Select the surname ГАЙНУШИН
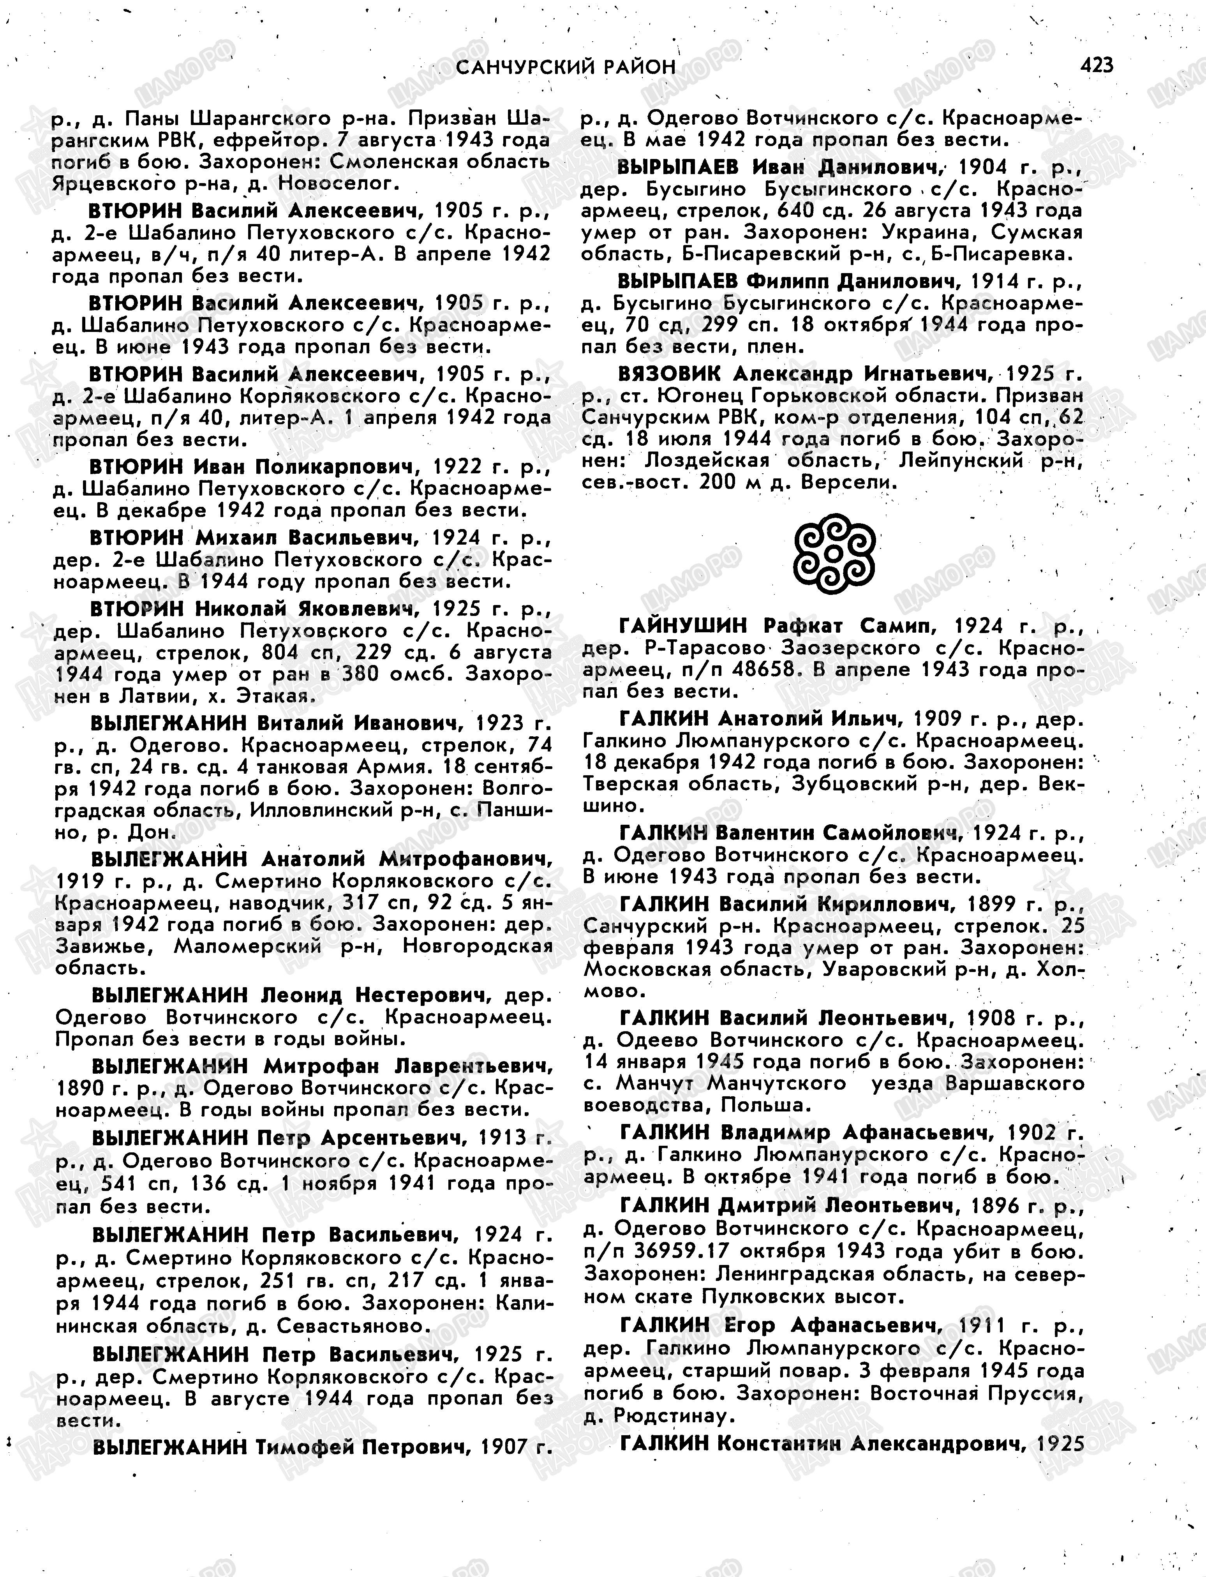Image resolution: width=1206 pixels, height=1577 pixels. tap(683, 626)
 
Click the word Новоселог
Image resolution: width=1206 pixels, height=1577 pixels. tap(335, 184)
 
